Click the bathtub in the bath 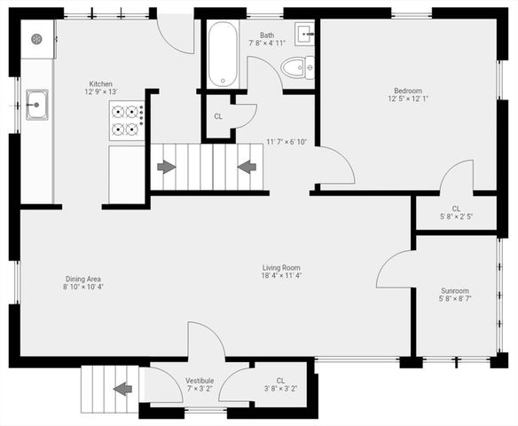(x=222, y=54)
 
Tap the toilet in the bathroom (x=295, y=67)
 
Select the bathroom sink (x=306, y=35)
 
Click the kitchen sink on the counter (x=36, y=104)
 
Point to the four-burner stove (x=127, y=121)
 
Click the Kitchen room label (x=100, y=83)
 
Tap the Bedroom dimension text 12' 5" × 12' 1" (x=407, y=99)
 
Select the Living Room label (x=282, y=267)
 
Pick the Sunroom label (x=455, y=290)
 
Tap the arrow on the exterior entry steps (x=122, y=388)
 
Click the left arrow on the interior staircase (x=166, y=166)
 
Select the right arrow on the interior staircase (x=247, y=166)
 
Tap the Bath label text (x=266, y=35)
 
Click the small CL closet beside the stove (x=218, y=116)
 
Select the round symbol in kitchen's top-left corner (x=37, y=39)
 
